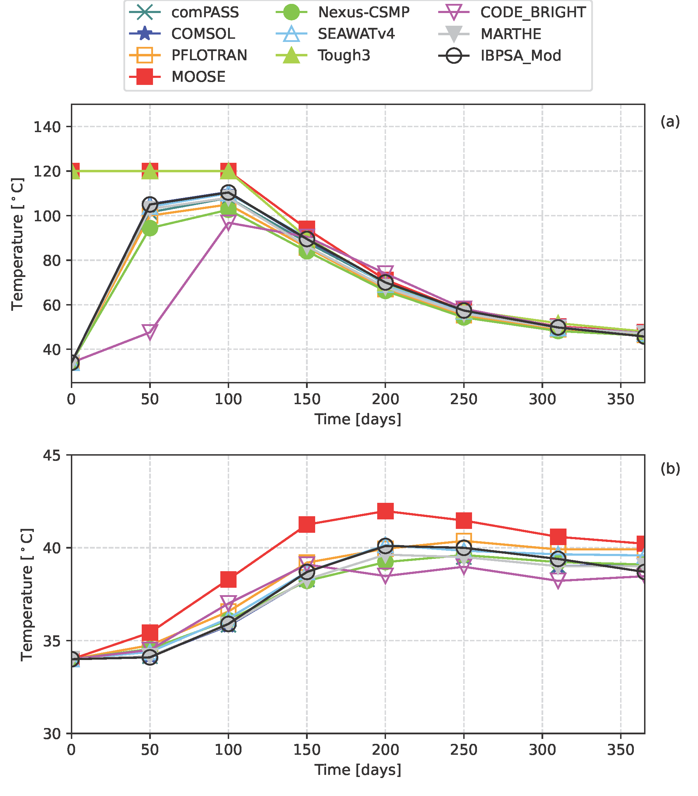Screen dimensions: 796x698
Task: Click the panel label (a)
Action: pyautogui.click(x=670, y=122)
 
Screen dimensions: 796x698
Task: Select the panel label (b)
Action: pyautogui.click(x=670, y=469)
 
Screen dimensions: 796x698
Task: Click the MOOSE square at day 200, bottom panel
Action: pyautogui.click(x=385, y=511)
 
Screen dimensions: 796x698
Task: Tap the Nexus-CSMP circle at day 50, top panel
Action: pyautogui.click(x=150, y=228)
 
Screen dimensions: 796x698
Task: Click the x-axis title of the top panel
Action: pyautogui.click(x=357, y=420)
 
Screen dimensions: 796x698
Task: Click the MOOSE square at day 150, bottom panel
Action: pyautogui.click(x=307, y=524)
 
